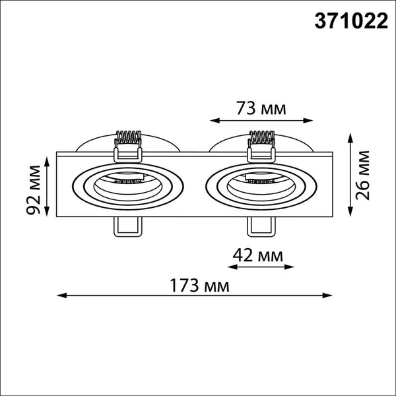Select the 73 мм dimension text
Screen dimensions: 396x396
tap(261, 108)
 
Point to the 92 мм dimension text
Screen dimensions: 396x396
tap(34, 187)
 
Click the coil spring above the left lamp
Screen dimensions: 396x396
tap(128, 139)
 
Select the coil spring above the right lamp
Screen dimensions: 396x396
tap(261, 139)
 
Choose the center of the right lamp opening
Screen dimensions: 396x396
tap(261, 186)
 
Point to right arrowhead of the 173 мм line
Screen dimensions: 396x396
tap(333, 295)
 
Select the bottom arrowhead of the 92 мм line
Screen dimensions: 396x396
tap(48, 213)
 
